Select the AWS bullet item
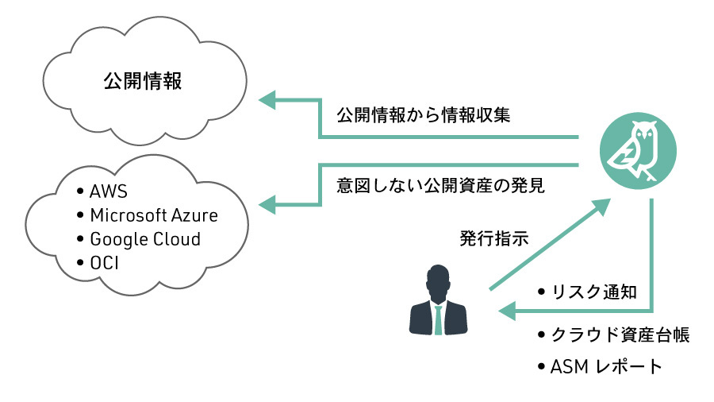108,192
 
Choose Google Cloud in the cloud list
144,239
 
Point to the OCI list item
105,262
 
